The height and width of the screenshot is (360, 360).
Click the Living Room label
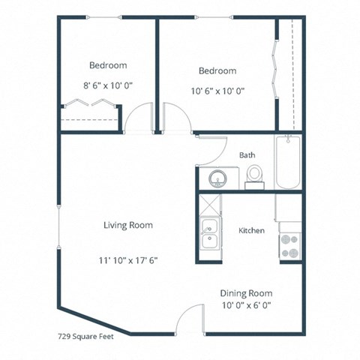click(x=128, y=225)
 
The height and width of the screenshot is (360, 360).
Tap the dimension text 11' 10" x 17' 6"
click(x=128, y=260)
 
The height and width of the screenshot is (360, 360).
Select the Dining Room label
click(x=246, y=293)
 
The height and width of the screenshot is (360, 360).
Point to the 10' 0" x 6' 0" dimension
click(x=246, y=306)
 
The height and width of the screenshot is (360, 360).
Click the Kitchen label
click(x=251, y=230)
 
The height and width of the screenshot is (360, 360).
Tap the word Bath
click(x=247, y=155)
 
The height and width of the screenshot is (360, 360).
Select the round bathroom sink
click(x=218, y=178)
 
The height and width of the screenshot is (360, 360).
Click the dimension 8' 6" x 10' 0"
click(x=108, y=85)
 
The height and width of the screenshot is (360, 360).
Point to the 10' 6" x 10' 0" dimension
click(x=217, y=91)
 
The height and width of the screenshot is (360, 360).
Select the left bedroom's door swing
click(x=139, y=120)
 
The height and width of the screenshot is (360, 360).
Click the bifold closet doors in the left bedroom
click(x=90, y=103)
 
